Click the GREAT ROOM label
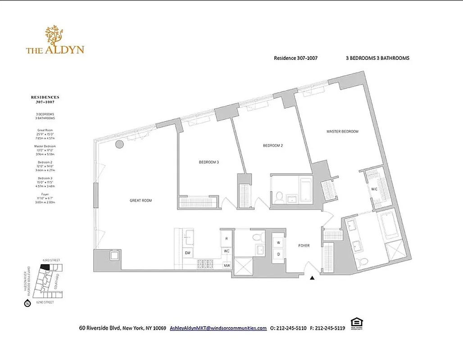coord(141,201)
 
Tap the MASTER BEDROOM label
coord(342,131)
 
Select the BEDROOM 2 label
coord(273,145)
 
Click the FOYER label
coord(304,246)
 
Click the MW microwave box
coord(227,265)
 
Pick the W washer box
coord(278,243)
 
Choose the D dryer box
coord(278,254)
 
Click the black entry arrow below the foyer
coord(312,278)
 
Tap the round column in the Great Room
coord(119,144)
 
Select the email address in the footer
coord(218,328)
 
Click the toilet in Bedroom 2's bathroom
coord(279,197)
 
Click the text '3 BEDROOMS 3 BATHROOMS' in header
coord(375,58)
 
